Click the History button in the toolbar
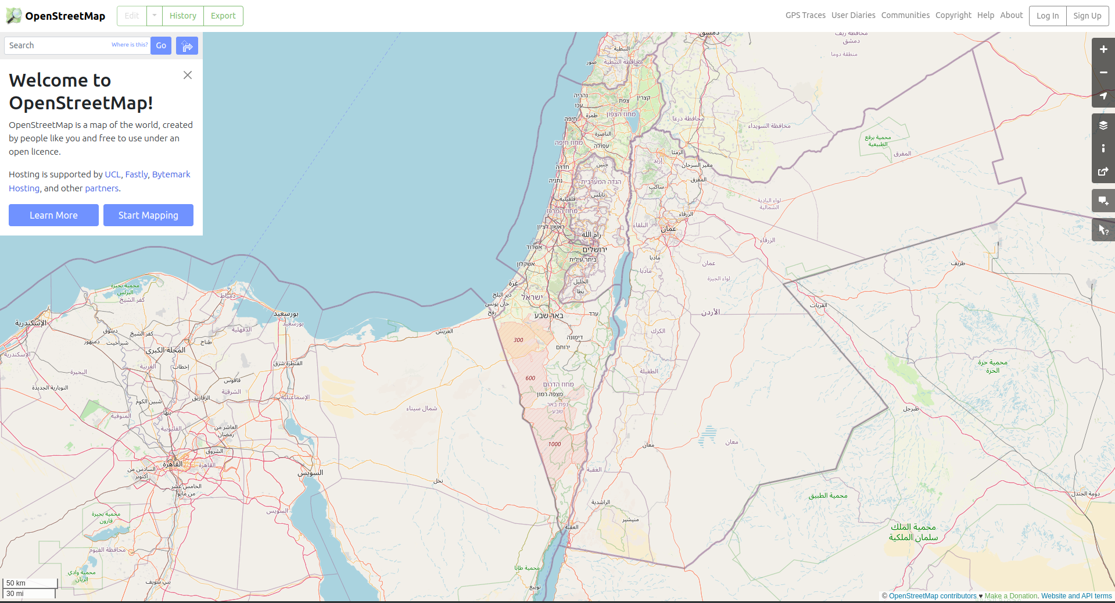(x=182, y=16)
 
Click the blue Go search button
(x=161, y=45)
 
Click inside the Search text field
(x=58, y=45)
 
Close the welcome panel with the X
(x=188, y=75)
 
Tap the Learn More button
(x=53, y=215)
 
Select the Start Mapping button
(x=148, y=215)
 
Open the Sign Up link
(x=1087, y=16)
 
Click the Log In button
(x=1047, y=16)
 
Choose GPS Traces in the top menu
(x=805, y=15)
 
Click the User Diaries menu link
(x=853, y=15)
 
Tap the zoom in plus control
(x=1103, y=49)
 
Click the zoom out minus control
(x=1103, y=73)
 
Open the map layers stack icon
(x=1103, y=125)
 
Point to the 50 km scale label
(x=16, y=583)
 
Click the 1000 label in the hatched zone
(x=554, y=444)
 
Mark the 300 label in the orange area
(x=518, y=340)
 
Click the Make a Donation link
(x=1011, y=596)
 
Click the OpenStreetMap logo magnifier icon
(x=13, y=16)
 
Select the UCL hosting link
(x=113, y=174)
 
